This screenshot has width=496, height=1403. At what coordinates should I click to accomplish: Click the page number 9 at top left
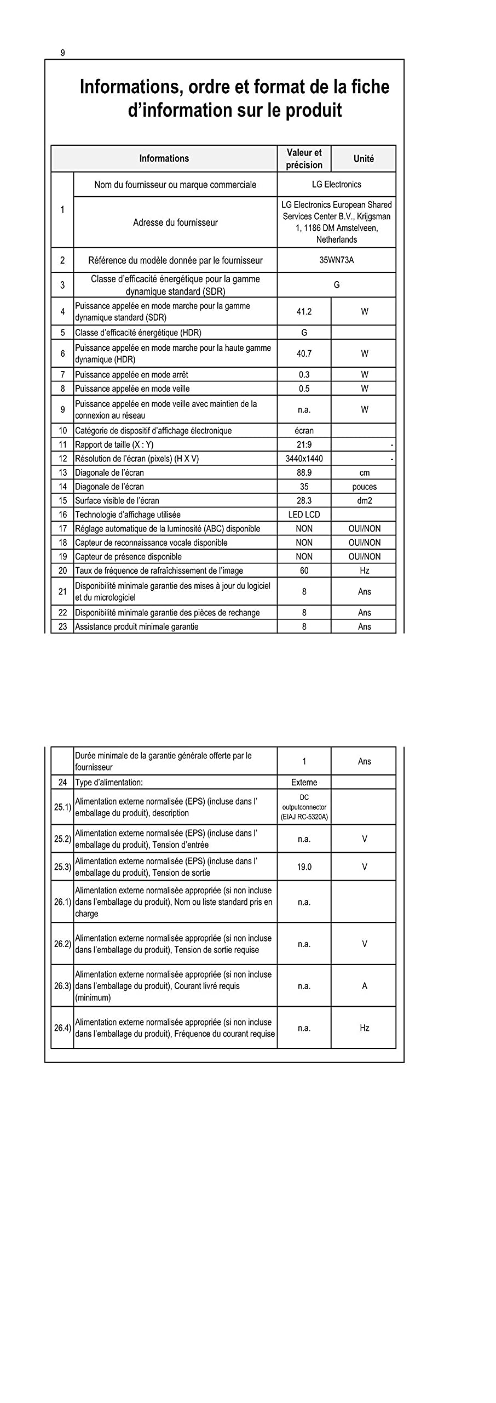tap(62, 53)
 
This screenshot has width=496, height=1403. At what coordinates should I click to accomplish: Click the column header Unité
tap(364, 159)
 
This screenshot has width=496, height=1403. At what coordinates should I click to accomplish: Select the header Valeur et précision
tap(304, 159)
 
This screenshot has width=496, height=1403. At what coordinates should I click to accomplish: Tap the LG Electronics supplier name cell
tap(336, 185)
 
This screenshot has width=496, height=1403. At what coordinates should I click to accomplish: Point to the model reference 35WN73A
tap(336, 260)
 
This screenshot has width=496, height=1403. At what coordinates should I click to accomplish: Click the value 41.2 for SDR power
tap(304, 312)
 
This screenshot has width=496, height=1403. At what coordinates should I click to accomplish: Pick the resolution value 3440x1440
tap(304, 459)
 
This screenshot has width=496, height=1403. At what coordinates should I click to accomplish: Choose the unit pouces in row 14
tap(364, 487)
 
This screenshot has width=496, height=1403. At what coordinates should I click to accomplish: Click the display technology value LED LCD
tap(304, 515)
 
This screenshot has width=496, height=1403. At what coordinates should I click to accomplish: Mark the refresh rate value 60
tap(304, 571)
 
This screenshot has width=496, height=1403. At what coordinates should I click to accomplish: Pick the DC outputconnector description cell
tap(304, 807)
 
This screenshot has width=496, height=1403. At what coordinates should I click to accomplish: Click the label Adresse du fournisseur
tap(175, 223)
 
